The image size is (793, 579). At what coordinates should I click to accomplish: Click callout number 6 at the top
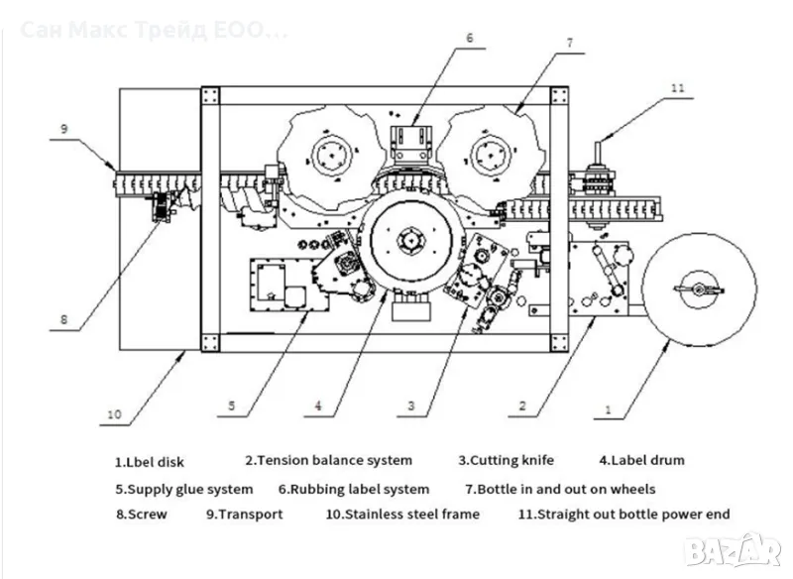(471, 38)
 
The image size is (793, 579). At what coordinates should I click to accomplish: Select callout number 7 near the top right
(569, 43)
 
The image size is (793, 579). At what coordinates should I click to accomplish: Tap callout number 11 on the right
(677, 87)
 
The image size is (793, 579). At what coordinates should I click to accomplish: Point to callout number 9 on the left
(62, 129)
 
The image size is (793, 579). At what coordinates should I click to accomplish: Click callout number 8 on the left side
(63, 319)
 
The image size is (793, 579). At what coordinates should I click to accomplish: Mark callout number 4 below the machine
(319, 405)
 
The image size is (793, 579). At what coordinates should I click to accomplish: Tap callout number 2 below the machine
(522, 405)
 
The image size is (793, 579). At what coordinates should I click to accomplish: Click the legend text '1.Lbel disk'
(150, 462)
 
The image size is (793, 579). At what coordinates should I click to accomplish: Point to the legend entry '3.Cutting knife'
(506, 460)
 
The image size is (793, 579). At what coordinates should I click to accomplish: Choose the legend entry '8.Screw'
(142, 514)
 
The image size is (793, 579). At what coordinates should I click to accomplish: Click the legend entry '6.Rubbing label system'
(354, 489)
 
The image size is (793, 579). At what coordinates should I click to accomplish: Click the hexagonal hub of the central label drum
(409, 241)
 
